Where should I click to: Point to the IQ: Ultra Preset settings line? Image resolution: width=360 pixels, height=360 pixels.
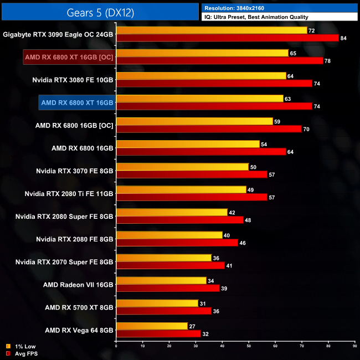click(x=255, y=17)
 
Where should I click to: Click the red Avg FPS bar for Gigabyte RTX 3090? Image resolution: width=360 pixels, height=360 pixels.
click(x=227, y=38)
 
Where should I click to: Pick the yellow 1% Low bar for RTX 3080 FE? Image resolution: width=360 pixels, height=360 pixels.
click(x=201, y=76)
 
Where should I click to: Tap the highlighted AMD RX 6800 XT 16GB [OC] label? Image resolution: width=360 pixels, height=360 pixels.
click(x=69, y=57)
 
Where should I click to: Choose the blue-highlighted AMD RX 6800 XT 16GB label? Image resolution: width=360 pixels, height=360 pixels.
click(x=77, y=102)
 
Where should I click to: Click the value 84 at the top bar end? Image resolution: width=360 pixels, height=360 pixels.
click(x=344, y=38)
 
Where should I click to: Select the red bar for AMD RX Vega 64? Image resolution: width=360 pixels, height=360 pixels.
click(x=158, y=333)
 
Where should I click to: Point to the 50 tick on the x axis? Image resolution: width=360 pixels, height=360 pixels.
click(x=249, y=346)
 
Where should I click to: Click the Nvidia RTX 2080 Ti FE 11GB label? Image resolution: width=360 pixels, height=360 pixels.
click(x=69, y=194)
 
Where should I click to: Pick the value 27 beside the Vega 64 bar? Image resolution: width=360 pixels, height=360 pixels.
click(x=192, y=326)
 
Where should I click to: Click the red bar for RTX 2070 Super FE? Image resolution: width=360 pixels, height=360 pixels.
click(x=170, y=265)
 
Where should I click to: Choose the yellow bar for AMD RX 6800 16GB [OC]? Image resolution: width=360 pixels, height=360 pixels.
click(x=194, y=121)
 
